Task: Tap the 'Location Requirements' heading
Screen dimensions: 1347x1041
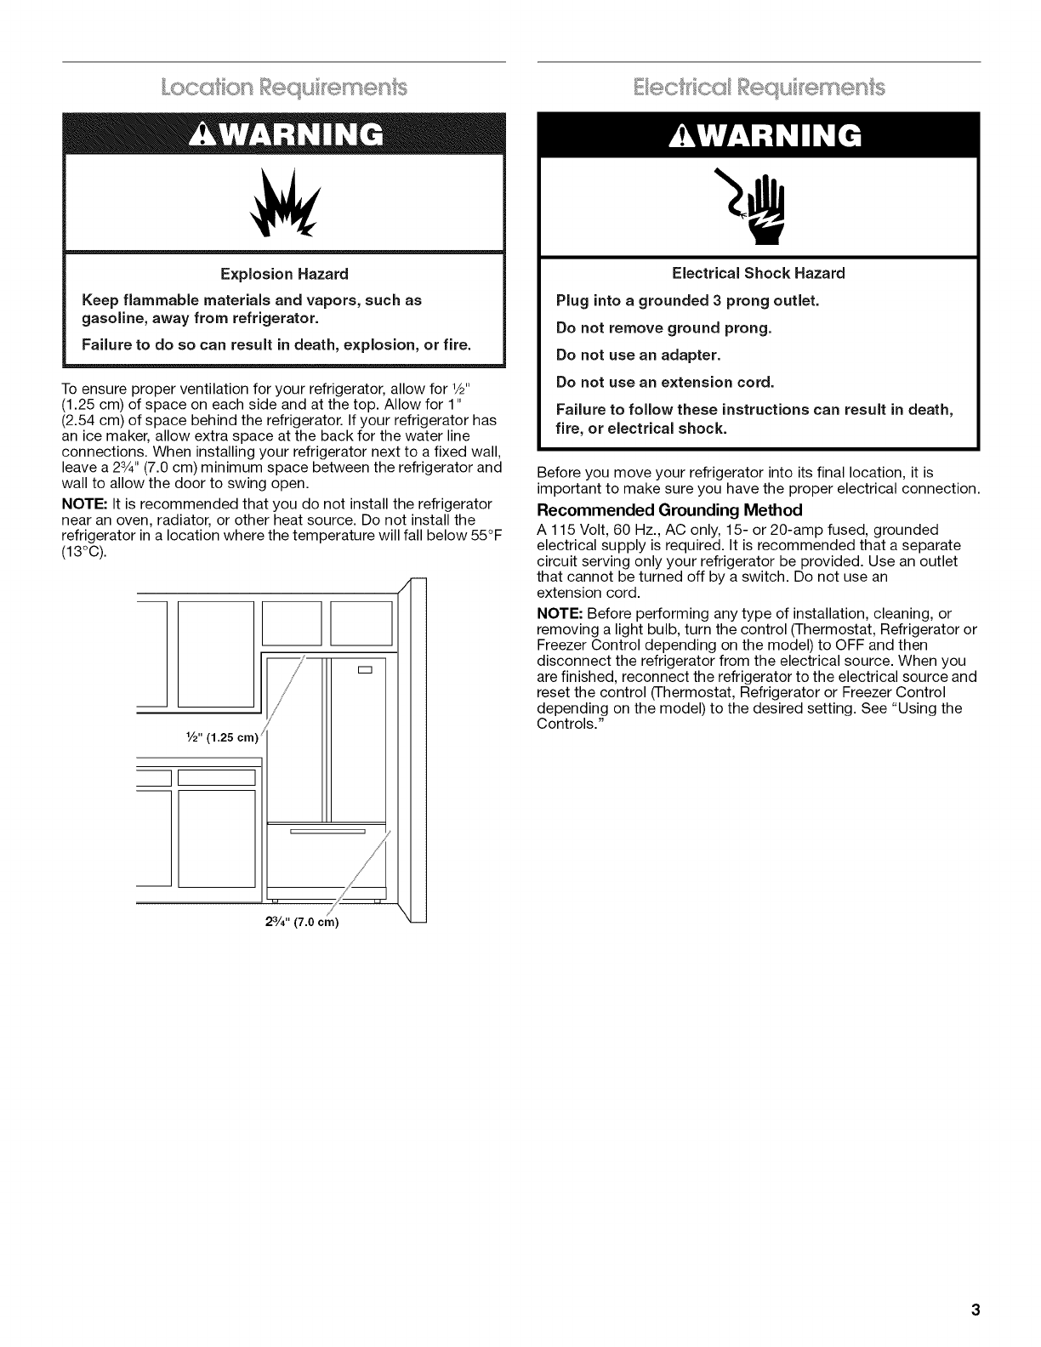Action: tap(285, 88)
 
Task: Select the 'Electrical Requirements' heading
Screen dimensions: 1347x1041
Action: tap(759, 88)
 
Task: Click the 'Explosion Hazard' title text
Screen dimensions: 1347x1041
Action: tap(284, 274)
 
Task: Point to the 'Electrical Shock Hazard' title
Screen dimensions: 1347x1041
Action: tap(759, 273)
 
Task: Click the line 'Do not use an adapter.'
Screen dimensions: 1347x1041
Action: tap(638, 355)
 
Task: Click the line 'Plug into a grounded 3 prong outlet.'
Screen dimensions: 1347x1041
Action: tap(686, 300)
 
